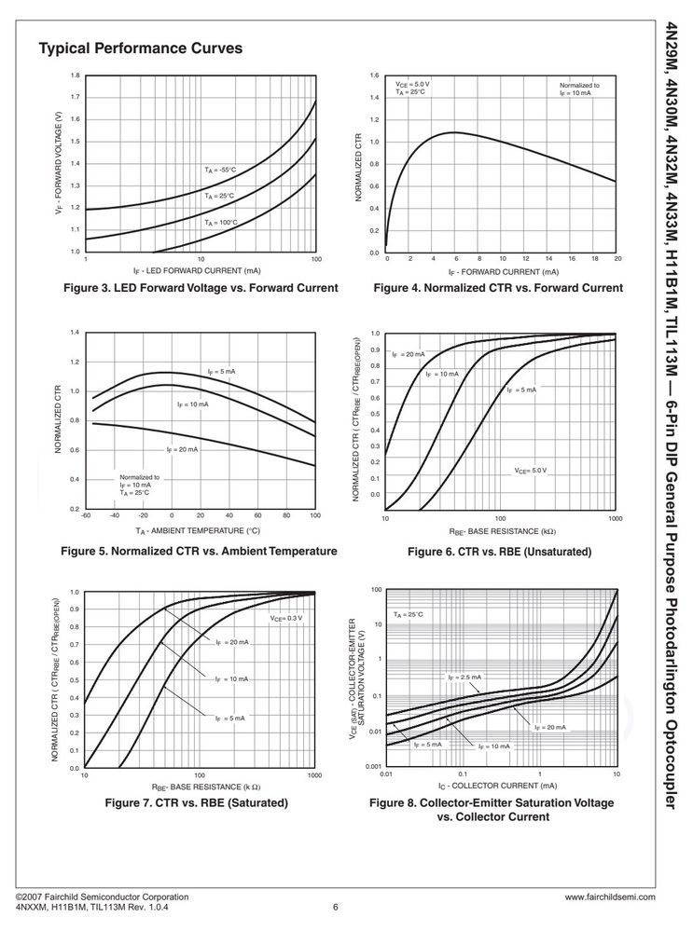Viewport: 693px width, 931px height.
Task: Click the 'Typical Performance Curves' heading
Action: [x=140, y=48]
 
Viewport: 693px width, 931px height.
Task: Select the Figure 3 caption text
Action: [x=201, y=288]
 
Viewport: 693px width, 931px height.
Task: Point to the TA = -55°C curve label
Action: [x=220, y=170]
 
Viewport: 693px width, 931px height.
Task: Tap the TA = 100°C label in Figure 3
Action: [x=220, y=223]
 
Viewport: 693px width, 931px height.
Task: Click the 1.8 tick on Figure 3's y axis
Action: [x=76, y=75]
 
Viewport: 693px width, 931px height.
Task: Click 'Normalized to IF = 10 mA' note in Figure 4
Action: [x=579, y=89]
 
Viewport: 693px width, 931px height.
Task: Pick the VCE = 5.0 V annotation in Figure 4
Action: [x=412, y=88]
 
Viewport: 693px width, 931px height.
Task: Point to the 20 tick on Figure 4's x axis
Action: [x=617, y=259]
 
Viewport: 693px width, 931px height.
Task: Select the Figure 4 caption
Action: [x=498, y=288]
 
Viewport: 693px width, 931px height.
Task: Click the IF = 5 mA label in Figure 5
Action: [x=221, y=372]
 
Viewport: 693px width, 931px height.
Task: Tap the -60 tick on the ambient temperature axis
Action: [x=87, y=515]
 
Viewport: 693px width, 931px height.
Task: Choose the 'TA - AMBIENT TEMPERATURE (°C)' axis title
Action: [x=198, y=531]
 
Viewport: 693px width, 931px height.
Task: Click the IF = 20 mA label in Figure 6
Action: [x=409, y=354]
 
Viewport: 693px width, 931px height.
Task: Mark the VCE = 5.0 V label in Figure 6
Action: [x=530, y=471]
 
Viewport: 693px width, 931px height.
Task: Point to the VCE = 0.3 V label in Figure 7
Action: [x=286, y=618]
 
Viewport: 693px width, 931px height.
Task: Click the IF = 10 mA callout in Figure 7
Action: [x=232, y=678]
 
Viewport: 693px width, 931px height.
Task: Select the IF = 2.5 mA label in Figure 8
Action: [x=464, y=677]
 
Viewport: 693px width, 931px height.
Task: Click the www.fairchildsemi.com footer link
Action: [x=610, y=897]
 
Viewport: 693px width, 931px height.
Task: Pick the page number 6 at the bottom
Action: [x=335, y=907]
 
